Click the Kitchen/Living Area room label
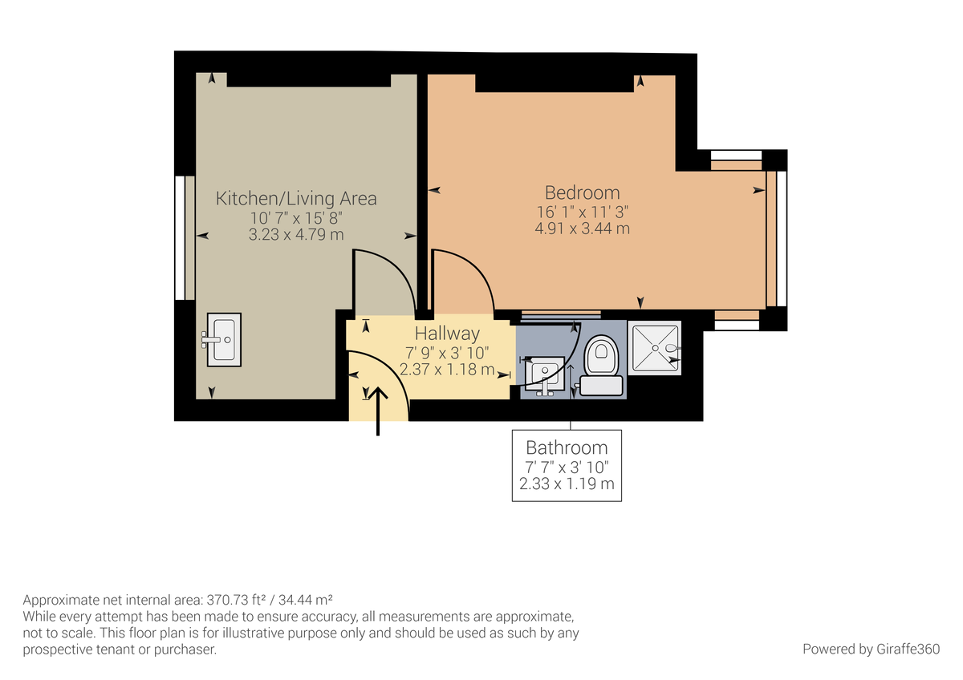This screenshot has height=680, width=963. pos(296,198)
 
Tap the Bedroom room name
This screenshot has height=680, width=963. pos(582,192)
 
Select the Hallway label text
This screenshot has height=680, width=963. pos(447,334)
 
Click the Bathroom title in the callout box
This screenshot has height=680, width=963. pos(567,447)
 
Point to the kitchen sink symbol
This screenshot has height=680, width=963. pos(224,339)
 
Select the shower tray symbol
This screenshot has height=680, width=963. pos(654,347)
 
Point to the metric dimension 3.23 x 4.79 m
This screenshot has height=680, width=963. pos(296,235)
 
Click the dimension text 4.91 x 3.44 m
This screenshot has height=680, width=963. pos(582,229)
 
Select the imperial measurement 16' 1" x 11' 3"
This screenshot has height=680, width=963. pos(582,212)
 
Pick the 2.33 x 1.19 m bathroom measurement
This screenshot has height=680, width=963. pos(567,484)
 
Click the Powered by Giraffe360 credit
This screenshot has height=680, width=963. pos(871,649)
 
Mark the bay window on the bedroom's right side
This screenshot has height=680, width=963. pos(776,239)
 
